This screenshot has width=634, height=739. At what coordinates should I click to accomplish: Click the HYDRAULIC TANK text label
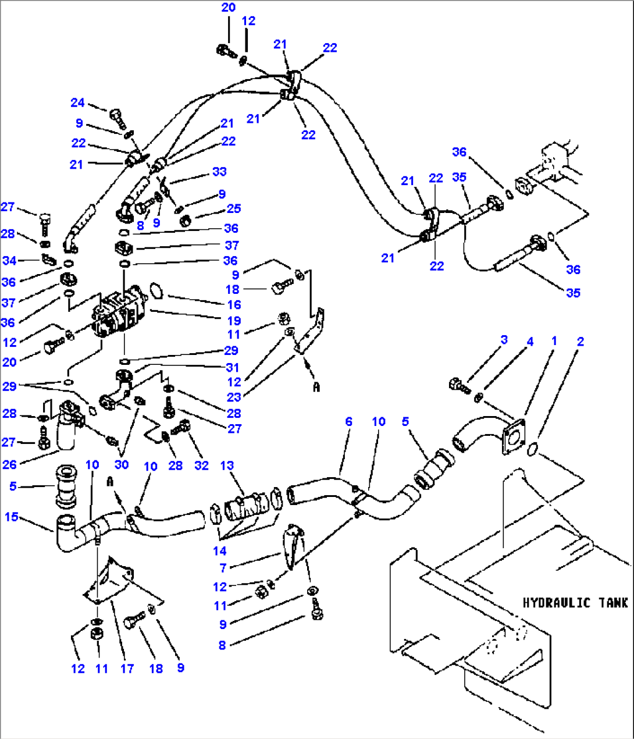575,603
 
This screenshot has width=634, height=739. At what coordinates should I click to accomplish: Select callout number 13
227,465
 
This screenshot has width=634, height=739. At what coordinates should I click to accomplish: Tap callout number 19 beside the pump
234,321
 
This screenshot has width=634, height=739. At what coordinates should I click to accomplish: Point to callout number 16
234,304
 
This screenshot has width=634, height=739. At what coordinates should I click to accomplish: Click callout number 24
77,102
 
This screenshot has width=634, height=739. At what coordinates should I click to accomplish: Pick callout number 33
219,172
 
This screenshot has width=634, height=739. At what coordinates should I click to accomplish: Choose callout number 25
234,208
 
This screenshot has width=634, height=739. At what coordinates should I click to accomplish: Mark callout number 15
12,517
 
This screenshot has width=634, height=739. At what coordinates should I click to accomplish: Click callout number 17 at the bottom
127,669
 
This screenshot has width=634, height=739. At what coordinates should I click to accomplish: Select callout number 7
223,567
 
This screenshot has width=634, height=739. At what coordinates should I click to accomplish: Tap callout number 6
348,421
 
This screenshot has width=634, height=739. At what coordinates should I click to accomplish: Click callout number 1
554,341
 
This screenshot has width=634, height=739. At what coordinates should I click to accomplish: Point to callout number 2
580,341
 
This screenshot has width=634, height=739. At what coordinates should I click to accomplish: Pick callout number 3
504,339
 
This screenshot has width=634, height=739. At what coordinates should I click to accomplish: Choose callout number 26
9,464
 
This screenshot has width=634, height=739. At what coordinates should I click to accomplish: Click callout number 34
9,260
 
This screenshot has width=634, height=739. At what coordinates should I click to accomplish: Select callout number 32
201,465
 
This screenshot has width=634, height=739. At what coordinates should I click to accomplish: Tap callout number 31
233,367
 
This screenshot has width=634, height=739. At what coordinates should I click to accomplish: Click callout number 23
234,397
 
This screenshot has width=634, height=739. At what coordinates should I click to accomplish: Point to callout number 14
219,550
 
